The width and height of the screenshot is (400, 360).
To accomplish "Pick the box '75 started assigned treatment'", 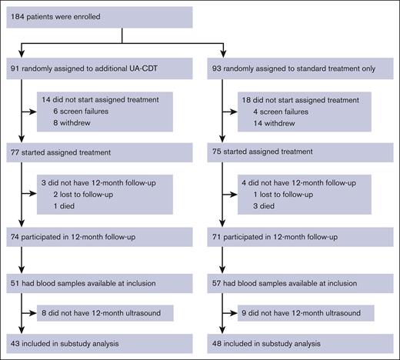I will [304, 152].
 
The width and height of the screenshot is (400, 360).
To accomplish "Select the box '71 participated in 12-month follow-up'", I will [304, 238].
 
